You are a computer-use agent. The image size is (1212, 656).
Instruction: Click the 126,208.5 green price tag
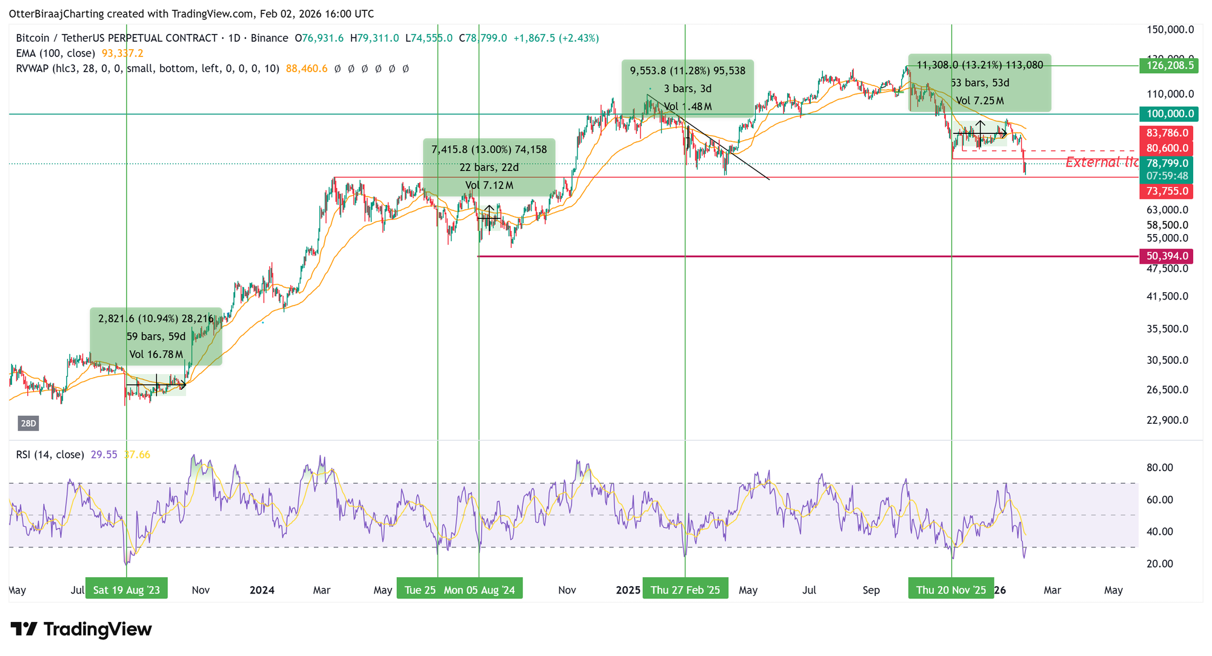[1168, 65]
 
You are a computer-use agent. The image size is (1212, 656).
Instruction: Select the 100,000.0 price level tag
[1168, 114]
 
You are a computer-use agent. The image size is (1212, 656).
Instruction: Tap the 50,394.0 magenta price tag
[1167, 256]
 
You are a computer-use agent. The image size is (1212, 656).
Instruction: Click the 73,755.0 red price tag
[1167, 192]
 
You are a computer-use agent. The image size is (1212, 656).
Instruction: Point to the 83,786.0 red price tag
[1167, 133]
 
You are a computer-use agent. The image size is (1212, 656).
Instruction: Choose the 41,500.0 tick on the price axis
[1167, 296]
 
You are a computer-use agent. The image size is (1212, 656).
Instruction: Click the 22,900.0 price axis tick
[1167, 420]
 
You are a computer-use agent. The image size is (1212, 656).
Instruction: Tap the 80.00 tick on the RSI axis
[1159, 467]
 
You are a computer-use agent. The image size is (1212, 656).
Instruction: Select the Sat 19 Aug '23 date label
[127, 590]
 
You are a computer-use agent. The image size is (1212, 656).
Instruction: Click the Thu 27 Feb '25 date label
[685, 590]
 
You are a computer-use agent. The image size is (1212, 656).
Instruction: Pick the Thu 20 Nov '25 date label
[951, 590]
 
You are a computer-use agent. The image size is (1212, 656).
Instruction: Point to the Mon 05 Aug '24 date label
[479, 590]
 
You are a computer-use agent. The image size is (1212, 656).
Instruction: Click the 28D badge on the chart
[28, 423]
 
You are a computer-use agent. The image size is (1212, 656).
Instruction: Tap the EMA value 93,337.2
[122, 53]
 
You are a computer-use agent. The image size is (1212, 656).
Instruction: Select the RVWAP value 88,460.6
[307, 69]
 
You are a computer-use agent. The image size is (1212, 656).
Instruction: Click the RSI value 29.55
[104, 455]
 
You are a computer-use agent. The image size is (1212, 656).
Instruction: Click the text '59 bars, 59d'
[156, 336]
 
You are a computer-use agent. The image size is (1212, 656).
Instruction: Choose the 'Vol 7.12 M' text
[489, 186]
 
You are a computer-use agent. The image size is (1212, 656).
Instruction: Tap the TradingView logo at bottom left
[81, 629]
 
